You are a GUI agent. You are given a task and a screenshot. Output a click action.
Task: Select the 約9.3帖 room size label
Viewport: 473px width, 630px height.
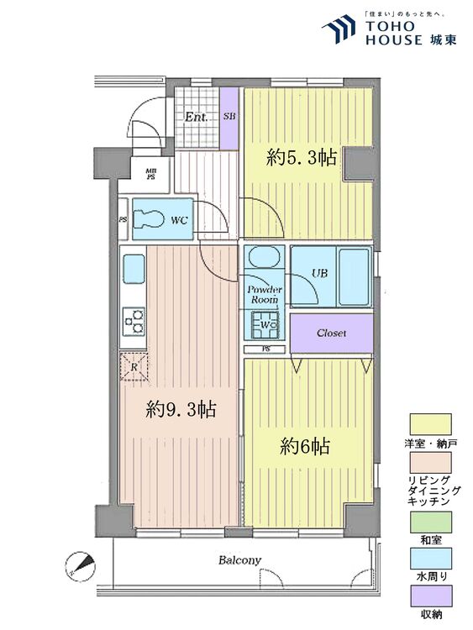[x=181, y=409]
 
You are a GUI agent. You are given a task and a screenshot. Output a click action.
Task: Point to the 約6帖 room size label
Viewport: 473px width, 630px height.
[x=304, y=446]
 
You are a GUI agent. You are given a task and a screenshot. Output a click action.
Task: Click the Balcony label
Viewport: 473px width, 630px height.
[x=240, y=559]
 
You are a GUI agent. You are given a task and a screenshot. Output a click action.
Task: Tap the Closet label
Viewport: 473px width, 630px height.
[x=331, y=333]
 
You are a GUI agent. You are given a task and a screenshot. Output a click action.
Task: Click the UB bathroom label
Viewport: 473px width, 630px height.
[x=319, y=272]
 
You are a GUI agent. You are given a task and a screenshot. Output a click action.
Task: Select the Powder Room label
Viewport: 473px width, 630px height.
[x=264, y=294]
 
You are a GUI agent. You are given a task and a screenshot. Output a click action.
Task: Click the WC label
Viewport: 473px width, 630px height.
[x=179, y=220]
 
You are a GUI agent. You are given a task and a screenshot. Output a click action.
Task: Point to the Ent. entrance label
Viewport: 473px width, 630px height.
[x=197, y=117]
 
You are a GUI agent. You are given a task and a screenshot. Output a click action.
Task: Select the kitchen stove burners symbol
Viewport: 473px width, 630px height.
[x=133, y=319]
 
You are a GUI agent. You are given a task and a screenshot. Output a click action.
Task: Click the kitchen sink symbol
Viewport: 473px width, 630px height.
[x=134, y=271]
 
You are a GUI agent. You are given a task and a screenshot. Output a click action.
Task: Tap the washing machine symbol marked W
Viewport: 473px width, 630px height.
[x=264, y=322]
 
